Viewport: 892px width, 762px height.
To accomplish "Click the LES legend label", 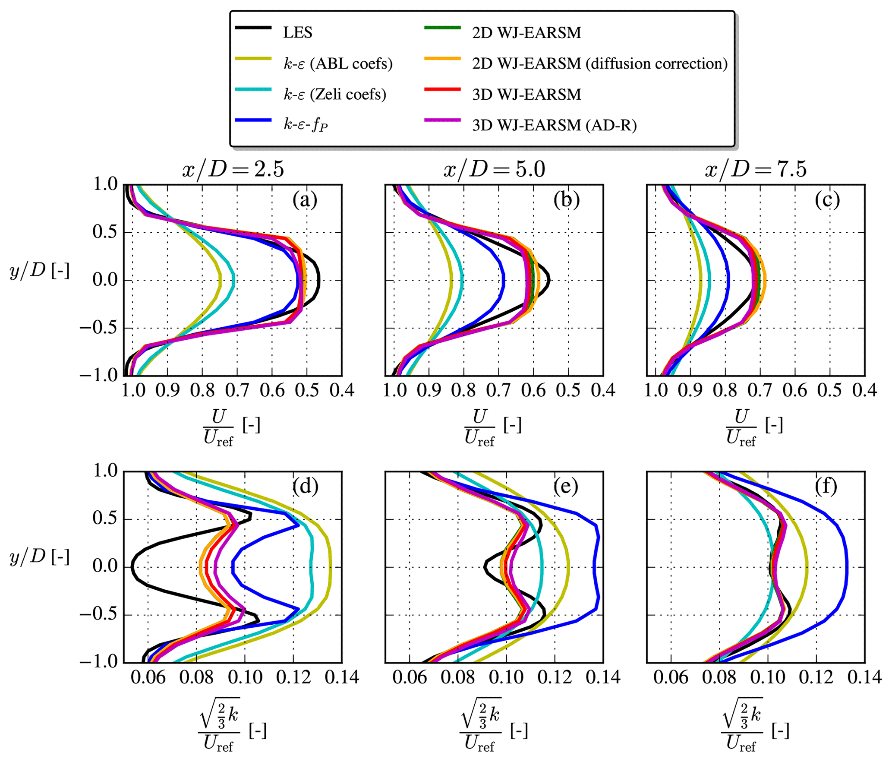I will [x=297, y=32].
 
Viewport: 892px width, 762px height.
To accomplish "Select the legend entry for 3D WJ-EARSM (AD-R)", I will [x=554, y=125].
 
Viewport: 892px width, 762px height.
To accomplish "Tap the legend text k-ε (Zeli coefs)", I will [x=334, y=94].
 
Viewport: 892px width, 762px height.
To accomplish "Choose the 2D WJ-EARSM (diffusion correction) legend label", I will [x=599, y=63].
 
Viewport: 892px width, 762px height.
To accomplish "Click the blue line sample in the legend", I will [x=253, y=120].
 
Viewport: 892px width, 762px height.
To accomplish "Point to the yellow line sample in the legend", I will [x=253, y=59].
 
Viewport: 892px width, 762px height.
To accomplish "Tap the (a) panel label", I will [x=305, y=200].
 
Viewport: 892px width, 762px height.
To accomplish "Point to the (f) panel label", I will [x=826, y=487].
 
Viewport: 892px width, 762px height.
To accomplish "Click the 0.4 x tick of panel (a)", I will [x=342, y=390].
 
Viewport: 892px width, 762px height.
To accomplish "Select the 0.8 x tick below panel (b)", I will [x=463, y=390].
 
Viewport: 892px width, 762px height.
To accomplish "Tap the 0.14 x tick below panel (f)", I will [x=864, y=677].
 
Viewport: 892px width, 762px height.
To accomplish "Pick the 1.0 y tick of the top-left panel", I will [x=105, y=184].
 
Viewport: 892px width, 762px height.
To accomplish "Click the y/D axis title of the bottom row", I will [x=39, y=557].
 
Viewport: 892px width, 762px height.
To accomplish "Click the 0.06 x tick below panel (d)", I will [x=148, y=677].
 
